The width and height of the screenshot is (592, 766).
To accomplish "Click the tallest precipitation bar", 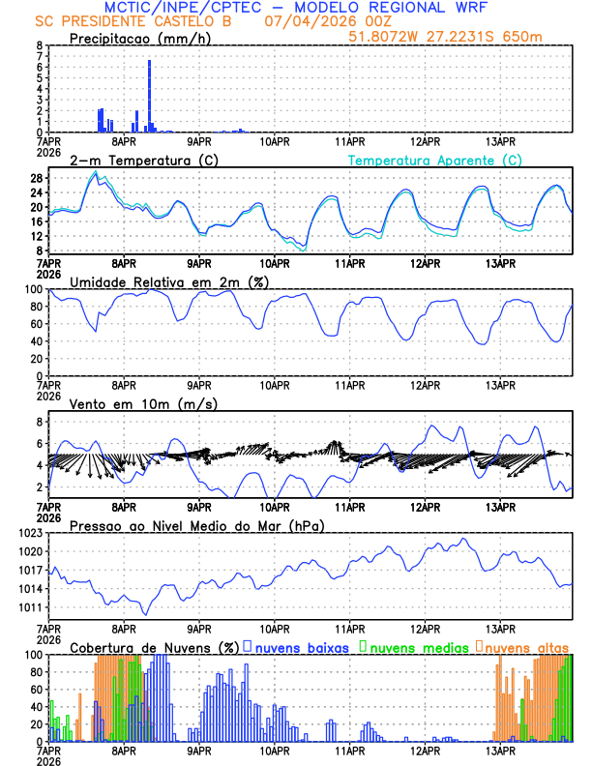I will (149, 97).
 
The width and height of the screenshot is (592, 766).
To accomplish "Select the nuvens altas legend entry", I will (526, 646).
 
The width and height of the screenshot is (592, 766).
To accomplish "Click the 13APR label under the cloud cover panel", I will (500, 750).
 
